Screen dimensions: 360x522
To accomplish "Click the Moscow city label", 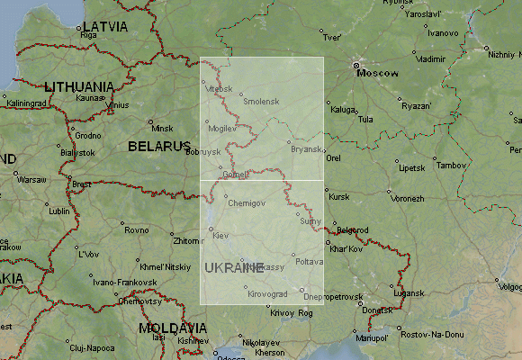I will [378, 74].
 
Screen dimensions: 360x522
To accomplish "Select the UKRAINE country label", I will [234, 267].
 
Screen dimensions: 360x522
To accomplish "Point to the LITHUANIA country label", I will [79, 86].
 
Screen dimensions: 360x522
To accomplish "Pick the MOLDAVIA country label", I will [174, 328].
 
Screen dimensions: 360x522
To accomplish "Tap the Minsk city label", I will [161, 128].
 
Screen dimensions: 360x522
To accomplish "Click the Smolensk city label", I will [262, 101].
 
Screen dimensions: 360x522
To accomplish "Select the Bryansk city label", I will [306, 149].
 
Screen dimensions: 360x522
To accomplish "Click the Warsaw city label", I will [31, 179].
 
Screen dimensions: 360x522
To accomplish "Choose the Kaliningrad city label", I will [25, 103].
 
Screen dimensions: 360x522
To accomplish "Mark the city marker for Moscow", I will [356, 66].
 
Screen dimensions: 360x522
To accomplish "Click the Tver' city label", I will [332, 38].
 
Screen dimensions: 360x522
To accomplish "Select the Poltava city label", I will [309, 261].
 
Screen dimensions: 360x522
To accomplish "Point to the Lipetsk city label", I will [411, 167].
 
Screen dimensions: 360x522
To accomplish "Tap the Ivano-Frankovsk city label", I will [120, 282].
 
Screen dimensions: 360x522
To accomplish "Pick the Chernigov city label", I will [247, 203].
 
